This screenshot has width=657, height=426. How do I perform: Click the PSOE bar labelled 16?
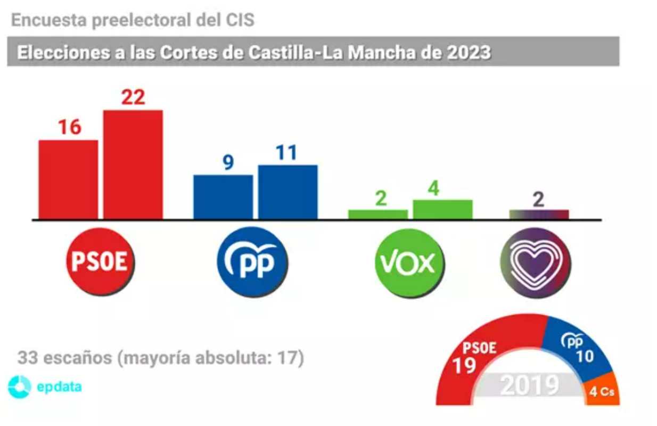68,179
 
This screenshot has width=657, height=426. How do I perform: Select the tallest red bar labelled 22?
133,165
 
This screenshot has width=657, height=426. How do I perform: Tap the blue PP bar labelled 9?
223,196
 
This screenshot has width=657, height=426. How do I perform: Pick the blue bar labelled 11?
288,192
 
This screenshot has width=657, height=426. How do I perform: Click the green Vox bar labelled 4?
442,209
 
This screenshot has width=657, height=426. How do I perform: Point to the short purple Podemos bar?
539,214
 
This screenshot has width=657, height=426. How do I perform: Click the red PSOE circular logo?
100,262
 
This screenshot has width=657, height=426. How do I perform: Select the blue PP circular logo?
252,262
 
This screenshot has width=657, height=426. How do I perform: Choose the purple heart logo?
535,262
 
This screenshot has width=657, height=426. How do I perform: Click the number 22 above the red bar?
133,97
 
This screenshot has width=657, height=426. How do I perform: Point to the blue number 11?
286,153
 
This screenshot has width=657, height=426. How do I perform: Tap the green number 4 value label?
434,189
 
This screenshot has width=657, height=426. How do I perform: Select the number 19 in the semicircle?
464,366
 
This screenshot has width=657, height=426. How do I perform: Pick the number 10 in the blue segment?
584,356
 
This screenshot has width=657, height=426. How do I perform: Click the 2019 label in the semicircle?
530,385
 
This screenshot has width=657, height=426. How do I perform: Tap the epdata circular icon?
20,387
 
